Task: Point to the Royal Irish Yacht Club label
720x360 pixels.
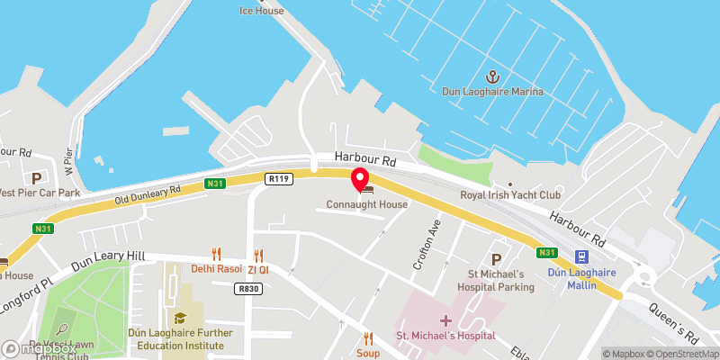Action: (x=522, y=194)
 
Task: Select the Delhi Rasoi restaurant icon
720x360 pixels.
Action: (x=216, y=255)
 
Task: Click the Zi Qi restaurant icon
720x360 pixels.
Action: (x=259, y=255)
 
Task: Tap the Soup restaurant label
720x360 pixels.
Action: (x=367, y=353)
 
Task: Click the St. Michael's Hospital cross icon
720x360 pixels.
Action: (x=445, y=321)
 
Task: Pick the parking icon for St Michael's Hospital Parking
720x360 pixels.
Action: (x=495, y=259)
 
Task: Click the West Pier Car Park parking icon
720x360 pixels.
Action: (x=37, y=178)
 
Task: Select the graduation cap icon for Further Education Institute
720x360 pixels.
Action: (x=180, y=318)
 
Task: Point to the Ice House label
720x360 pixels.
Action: (x=261, y=11)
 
